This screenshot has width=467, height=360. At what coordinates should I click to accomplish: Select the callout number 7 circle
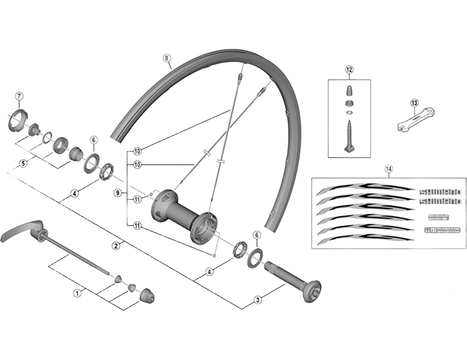pos(19,96)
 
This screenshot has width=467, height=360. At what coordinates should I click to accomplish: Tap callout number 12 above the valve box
pos(350,70)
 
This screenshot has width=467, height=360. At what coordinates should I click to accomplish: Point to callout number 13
pos(414,103)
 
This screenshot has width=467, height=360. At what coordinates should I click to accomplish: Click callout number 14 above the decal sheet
pos(389,169)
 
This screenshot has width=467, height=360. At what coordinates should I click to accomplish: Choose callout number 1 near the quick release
pos(76,293)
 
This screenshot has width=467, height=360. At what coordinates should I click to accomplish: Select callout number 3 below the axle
pos(258,300)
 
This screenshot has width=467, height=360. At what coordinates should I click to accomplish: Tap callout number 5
pos(23,163)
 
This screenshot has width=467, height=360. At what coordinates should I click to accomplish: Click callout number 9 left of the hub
pos(117,193)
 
